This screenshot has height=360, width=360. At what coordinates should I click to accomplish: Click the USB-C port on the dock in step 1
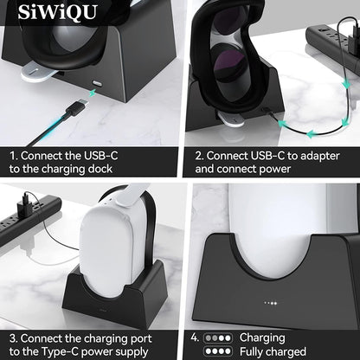96,88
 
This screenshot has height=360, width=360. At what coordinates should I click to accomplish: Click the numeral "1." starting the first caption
15,156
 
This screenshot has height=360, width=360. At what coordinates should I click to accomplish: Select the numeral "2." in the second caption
200,156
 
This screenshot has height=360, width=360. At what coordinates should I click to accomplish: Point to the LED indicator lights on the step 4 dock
271,304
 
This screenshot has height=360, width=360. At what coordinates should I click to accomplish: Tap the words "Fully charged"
273,351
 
